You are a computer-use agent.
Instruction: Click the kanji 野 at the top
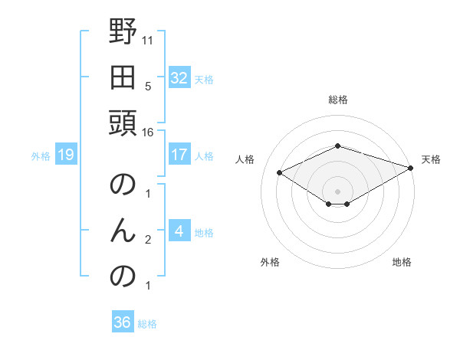[x=123, y=34]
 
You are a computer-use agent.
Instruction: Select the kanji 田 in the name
[x=123, y=78]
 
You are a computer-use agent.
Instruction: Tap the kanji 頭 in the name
[x=123, y=123]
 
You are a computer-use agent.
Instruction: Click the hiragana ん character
[x=123, y=231]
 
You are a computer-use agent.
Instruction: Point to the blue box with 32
[x=179, y=78]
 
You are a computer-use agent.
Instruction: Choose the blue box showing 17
[x=179, y=155]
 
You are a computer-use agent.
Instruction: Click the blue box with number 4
[x=179, y=231]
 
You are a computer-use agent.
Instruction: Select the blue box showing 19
[x=65, y=155]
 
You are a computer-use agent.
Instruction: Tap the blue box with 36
[x=123, y=322]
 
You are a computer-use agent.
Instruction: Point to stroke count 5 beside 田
[x=147, y=86]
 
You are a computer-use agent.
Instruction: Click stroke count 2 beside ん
[x=147, y=240]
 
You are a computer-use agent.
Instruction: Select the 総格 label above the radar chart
[x=338, y=100]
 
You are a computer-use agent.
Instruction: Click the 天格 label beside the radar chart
[x=431, y=159]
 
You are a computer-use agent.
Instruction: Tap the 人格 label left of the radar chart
[x=245, y=159]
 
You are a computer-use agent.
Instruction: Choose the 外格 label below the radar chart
[x=270, y=262]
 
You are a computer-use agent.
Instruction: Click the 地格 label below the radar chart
[x=402, y=262]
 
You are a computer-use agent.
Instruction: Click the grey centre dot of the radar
[x=338, y=191]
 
